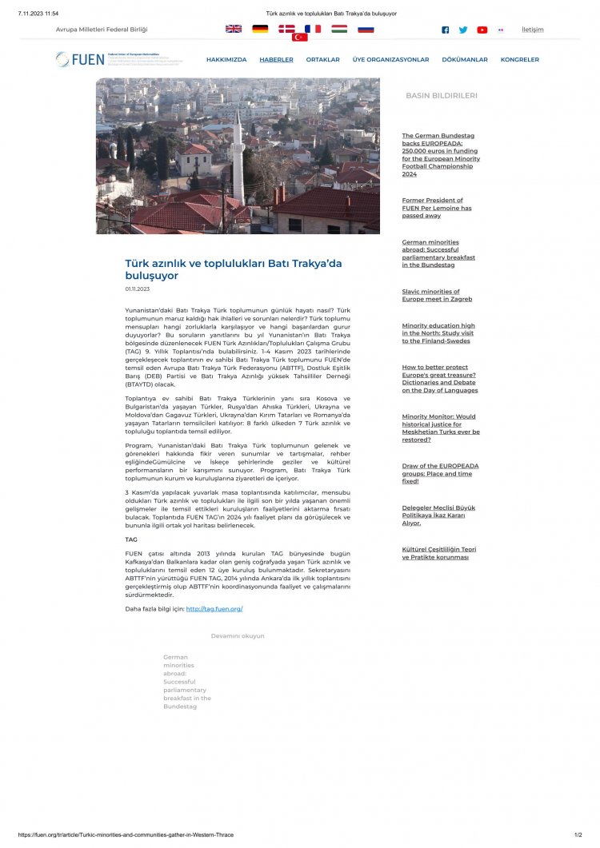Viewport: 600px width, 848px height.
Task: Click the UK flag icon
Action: (234, 29)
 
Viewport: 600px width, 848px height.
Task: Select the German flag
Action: (260, 29)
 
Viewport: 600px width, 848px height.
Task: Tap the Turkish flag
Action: (300, 37)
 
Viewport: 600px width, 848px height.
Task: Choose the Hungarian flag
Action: (339, 29)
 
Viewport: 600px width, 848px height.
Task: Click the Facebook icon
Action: (446, 30)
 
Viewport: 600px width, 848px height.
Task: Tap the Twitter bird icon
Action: (463, 30)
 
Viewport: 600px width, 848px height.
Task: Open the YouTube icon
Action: (482, 30)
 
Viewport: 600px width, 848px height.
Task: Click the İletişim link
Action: (532, 30)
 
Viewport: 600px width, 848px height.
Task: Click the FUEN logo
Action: (80, 59)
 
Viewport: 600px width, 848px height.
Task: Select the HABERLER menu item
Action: (276, 60)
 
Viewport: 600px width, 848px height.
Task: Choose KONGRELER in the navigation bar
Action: (520, 60)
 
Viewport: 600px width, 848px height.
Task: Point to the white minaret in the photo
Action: (238, 160)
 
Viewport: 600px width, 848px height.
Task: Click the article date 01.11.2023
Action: (137, 289)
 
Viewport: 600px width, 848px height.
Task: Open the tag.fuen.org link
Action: (214, 609)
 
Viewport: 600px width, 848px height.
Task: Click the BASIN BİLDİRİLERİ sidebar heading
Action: (441, 95)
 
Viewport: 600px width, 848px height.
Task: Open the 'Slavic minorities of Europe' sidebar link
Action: (437, 296)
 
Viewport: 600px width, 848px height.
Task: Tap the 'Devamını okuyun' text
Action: (238, 636)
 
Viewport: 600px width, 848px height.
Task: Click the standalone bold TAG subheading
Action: (131, 539)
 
